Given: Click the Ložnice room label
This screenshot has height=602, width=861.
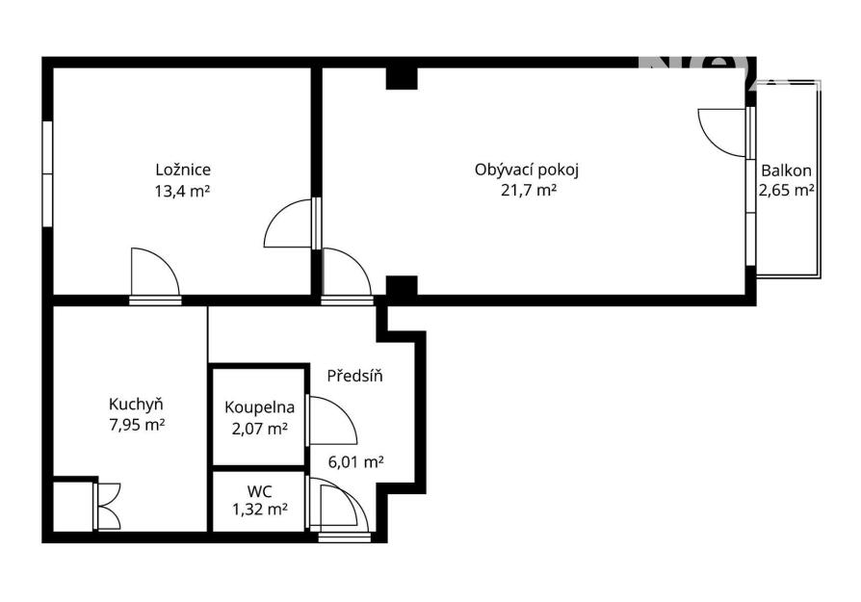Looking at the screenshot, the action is click(x=183, y=170).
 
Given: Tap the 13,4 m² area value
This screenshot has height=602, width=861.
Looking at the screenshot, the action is click(x=183, y=191).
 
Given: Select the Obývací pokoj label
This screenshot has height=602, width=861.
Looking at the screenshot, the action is click(x=527, y=170).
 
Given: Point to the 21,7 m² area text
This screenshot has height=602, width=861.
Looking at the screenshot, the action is click(x=529, y=191).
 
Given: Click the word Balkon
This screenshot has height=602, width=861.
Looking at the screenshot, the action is click(x=786, y=170).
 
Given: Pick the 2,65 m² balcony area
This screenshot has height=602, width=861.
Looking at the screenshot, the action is click(x=786, y=190).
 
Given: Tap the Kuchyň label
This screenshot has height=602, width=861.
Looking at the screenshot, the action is click(x=136, y=405).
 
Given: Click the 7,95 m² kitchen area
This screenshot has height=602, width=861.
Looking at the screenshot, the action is click(x=138, y=425).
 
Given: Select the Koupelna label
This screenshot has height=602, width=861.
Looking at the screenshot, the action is click(x=259, y=407).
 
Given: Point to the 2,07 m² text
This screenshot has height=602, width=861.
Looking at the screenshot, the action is click(x=260, y=429).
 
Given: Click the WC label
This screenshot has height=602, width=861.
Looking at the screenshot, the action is click(x=259, y=490).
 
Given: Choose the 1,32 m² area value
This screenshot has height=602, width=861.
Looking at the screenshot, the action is click(x=260, y=510).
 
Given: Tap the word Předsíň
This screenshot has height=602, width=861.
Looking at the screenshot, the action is click(x=354, y=376).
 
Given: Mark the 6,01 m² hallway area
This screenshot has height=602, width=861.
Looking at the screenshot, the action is click(x=355, y=462).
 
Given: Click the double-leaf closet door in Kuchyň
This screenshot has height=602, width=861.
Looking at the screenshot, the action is click(x=108, y=506).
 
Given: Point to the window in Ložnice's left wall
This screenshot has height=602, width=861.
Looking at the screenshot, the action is click(x=47, y=173).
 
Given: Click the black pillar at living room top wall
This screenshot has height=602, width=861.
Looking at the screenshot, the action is click(x=402, y=78).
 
